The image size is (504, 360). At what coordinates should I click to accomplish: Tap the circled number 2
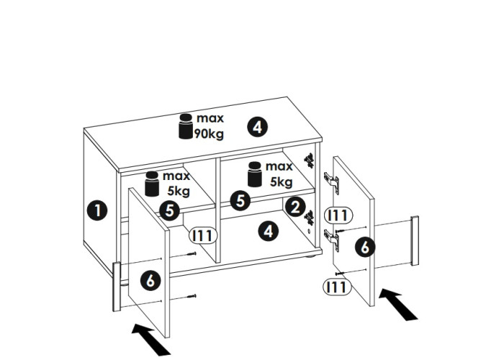point(294,207)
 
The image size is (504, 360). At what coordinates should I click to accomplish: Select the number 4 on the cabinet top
point(257,127)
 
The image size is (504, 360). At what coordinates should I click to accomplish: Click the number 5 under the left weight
point(169,210)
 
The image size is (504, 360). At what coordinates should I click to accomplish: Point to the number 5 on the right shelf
point(240,200)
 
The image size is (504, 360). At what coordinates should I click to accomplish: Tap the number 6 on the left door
point(150,280)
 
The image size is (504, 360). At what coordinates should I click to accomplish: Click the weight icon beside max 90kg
point(186,125)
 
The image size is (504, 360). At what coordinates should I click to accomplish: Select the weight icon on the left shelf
point(152,184)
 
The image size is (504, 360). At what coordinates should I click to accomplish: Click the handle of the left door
point(116,287)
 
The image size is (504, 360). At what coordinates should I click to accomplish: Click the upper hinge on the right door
point(330,180)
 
